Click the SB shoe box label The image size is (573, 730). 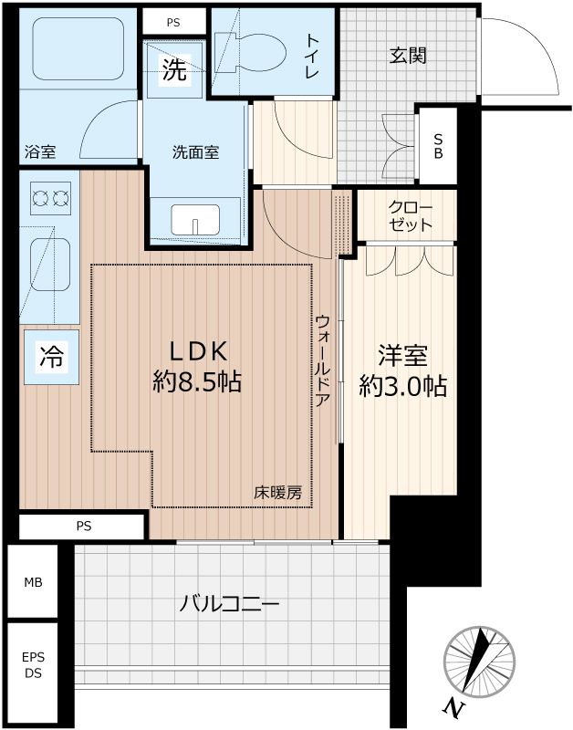[438, 146]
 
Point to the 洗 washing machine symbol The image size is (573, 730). [173, 71]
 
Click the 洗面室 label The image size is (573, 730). [195, 152]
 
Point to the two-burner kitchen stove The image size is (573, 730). [50, 196]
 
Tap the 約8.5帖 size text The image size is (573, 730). [196, 383]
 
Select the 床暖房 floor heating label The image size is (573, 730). [277, 494]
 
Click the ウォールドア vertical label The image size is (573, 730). [324, 366]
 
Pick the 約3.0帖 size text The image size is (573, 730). [402, 387]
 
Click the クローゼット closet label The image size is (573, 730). [408, 215]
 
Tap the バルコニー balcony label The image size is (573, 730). [229, 603]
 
